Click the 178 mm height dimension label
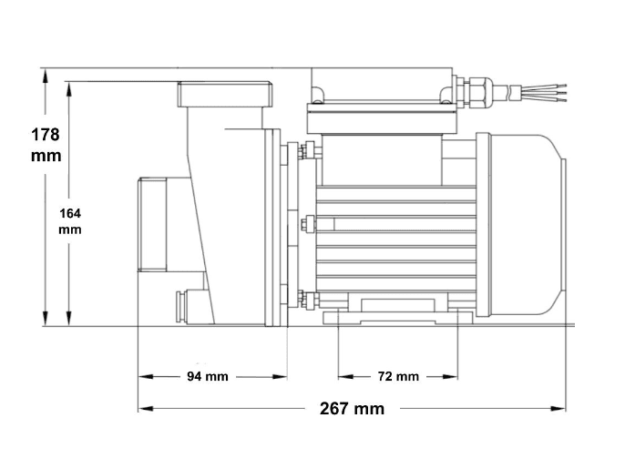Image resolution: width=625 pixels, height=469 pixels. click(46, 145)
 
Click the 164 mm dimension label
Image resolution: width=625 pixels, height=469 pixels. click(70, 221)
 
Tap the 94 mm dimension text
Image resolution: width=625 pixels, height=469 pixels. click(208, 376)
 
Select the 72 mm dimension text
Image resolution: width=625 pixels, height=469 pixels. click(399, 376)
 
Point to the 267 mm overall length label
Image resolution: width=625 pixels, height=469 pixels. click(352, 409)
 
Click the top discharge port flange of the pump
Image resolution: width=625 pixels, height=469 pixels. click(225, 95)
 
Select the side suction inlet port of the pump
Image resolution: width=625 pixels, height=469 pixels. click(152, 225)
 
